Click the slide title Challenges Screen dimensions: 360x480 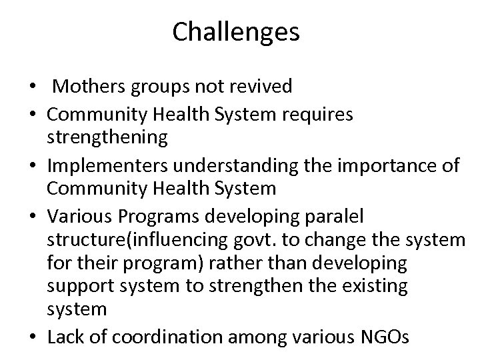[x=236, y=33]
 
